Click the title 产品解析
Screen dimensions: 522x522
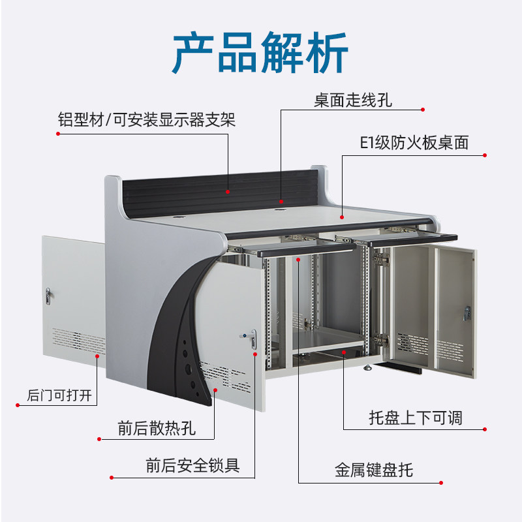tap(260, 54)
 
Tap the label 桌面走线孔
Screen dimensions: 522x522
tap(353, 101)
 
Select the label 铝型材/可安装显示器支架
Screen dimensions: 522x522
tap(146, 120)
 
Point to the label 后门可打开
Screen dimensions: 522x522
tap(60, 395)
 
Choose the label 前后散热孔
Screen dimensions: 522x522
tap(157, 429)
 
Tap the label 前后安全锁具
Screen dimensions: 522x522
tap(192, 465)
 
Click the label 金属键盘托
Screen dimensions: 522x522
tap(374, 470)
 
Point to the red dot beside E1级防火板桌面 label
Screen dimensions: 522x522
tap(485, 155)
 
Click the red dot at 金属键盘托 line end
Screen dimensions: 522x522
tap(442, 484)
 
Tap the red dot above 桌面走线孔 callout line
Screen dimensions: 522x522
tap(423, 110)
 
